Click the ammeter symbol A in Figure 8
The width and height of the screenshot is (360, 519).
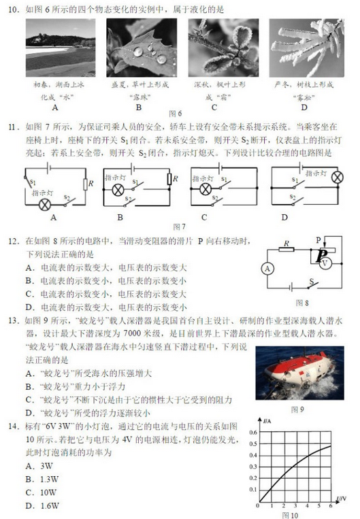tap(267, 269)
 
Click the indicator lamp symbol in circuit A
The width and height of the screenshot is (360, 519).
tap(46, 204)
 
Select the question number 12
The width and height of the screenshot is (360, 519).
tap(12, 241)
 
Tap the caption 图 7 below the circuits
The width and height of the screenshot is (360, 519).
tap(179, 225)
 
